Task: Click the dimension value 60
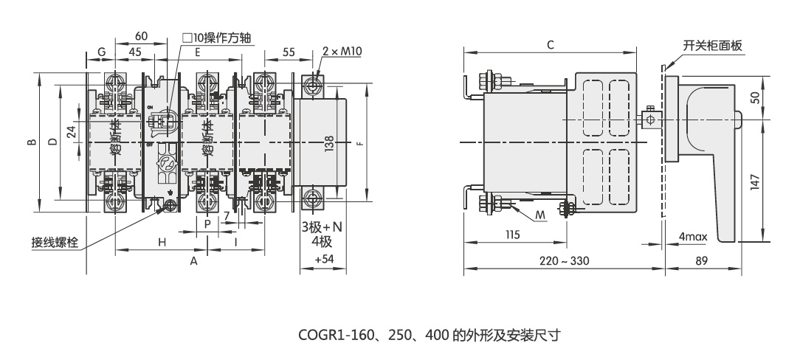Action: [142, 36]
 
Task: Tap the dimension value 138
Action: [328, 144]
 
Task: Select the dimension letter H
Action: [161, 241]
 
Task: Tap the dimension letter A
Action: [194, 260]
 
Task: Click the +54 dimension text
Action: [324, 260]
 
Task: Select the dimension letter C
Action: [550, 45]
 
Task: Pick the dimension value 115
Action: [513, 236]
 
